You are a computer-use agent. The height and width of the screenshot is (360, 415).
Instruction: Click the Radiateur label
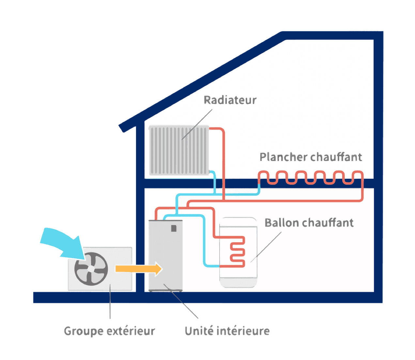click(x=230, y=100)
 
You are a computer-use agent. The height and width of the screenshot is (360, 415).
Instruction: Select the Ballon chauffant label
click(x=309, y=223)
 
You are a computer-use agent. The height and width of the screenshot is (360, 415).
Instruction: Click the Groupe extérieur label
click(x=109, y=331)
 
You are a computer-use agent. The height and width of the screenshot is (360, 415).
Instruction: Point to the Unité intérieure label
click(x=227, y=331)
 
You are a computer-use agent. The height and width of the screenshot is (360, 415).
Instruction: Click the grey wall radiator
click(x=179, y=150)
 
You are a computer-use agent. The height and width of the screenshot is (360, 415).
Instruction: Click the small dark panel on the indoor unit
click(x=174, y=228)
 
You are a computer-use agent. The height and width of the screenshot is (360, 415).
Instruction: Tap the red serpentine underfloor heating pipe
click(x=310, y=178)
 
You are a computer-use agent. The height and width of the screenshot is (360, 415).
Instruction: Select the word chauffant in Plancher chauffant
click(x=336, y=157)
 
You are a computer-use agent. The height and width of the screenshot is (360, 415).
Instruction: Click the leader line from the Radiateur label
click(x=197, y=124)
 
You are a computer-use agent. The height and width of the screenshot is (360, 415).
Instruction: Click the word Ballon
click(x=282, y=223)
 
